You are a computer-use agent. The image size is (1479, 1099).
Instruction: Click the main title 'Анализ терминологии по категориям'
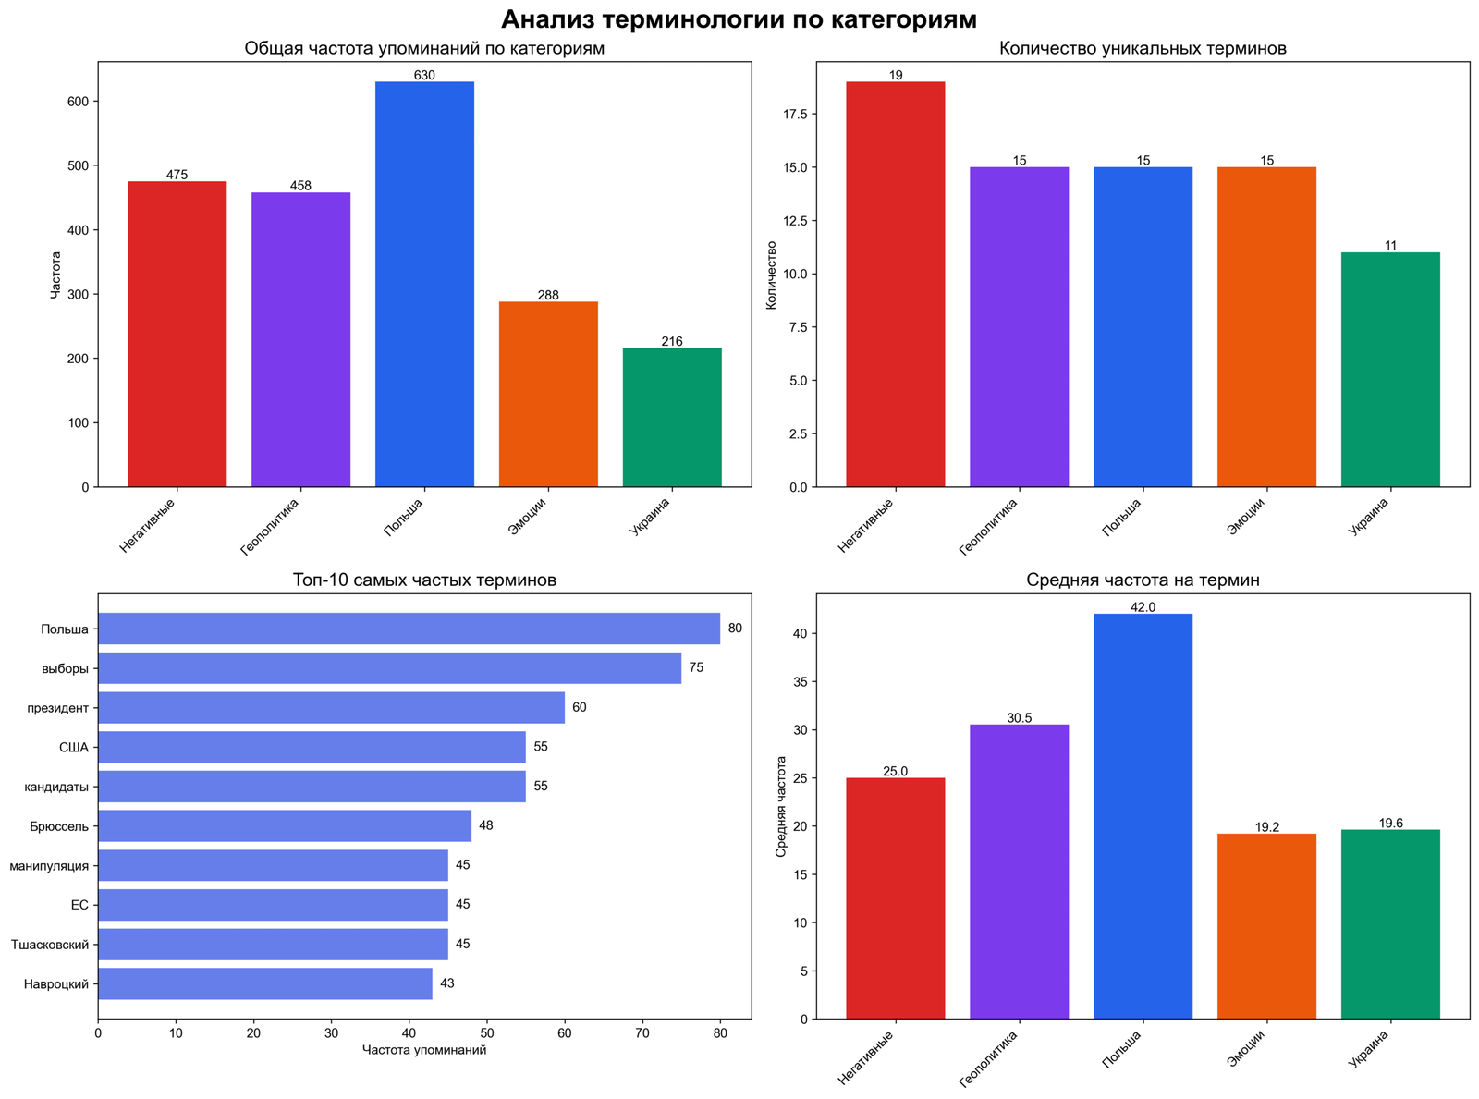tap(739, 19)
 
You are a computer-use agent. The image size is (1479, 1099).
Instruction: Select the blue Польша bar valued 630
tap(424, 284)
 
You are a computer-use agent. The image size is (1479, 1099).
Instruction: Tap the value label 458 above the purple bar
tap(300, 186)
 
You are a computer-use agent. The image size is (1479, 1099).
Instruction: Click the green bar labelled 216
tap(672, 417)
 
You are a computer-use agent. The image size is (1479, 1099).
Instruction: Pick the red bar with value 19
tap(895, 284)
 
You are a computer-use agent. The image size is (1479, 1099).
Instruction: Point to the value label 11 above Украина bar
tap(1390, 246)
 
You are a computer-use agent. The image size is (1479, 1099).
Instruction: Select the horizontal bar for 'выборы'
tap(389, 668)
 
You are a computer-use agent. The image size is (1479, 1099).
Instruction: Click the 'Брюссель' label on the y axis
tap(60, 826)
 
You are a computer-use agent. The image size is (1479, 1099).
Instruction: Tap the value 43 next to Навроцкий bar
tap(447, 983)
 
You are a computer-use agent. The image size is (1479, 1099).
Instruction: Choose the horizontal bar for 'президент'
tap(331, 708)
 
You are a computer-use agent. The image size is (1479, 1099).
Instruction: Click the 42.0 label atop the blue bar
tap(1143, 607)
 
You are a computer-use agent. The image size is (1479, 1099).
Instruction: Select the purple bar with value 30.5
tap(1019, 871)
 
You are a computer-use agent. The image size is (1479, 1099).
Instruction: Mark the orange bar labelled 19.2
tap(1266, 926)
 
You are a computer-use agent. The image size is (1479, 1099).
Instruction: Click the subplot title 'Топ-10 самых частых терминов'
tap(424, 580)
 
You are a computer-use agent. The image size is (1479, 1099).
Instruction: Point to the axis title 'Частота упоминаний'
tap(424, 1050)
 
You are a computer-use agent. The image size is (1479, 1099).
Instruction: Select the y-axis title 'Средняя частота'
tap(781, 806)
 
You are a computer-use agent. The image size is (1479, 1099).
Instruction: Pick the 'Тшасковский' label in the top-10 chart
tap(50, 945)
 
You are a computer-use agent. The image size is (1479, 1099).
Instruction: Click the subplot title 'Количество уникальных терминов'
tap(1143, 49)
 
